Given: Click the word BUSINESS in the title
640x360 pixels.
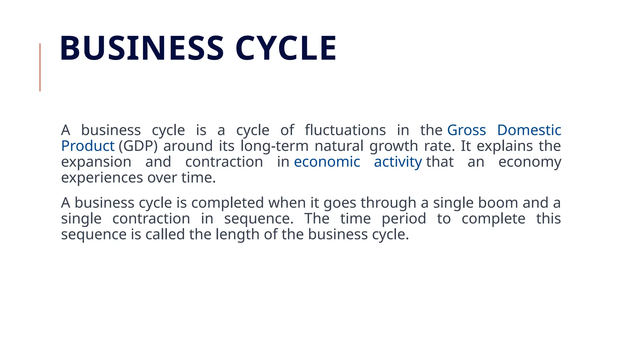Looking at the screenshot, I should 142,48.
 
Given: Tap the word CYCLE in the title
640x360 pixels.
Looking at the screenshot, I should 286,48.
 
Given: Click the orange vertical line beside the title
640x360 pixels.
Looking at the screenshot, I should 40,67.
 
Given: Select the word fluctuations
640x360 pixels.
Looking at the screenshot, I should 345,130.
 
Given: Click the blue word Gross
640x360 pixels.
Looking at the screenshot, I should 467,130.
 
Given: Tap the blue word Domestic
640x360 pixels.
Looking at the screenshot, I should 529,130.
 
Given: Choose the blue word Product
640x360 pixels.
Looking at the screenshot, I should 88,146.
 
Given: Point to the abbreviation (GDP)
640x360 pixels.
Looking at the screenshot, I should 138,146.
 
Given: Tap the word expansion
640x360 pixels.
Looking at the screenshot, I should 96,162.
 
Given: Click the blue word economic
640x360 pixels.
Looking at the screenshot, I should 327,162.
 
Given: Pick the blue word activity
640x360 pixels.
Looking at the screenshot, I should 398,162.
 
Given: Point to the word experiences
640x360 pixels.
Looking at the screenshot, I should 102,178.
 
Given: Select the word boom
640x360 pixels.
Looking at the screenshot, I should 498,203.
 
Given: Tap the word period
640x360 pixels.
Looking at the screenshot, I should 404,218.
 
